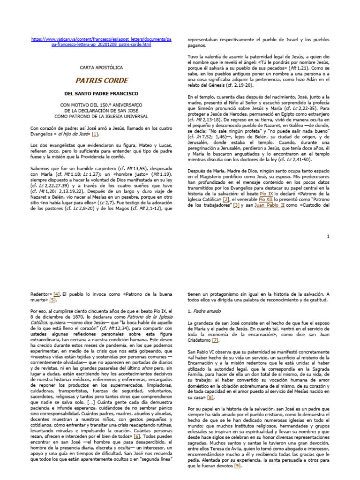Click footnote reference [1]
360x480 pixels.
point(96,134)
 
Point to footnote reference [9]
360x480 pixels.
point(238,466)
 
